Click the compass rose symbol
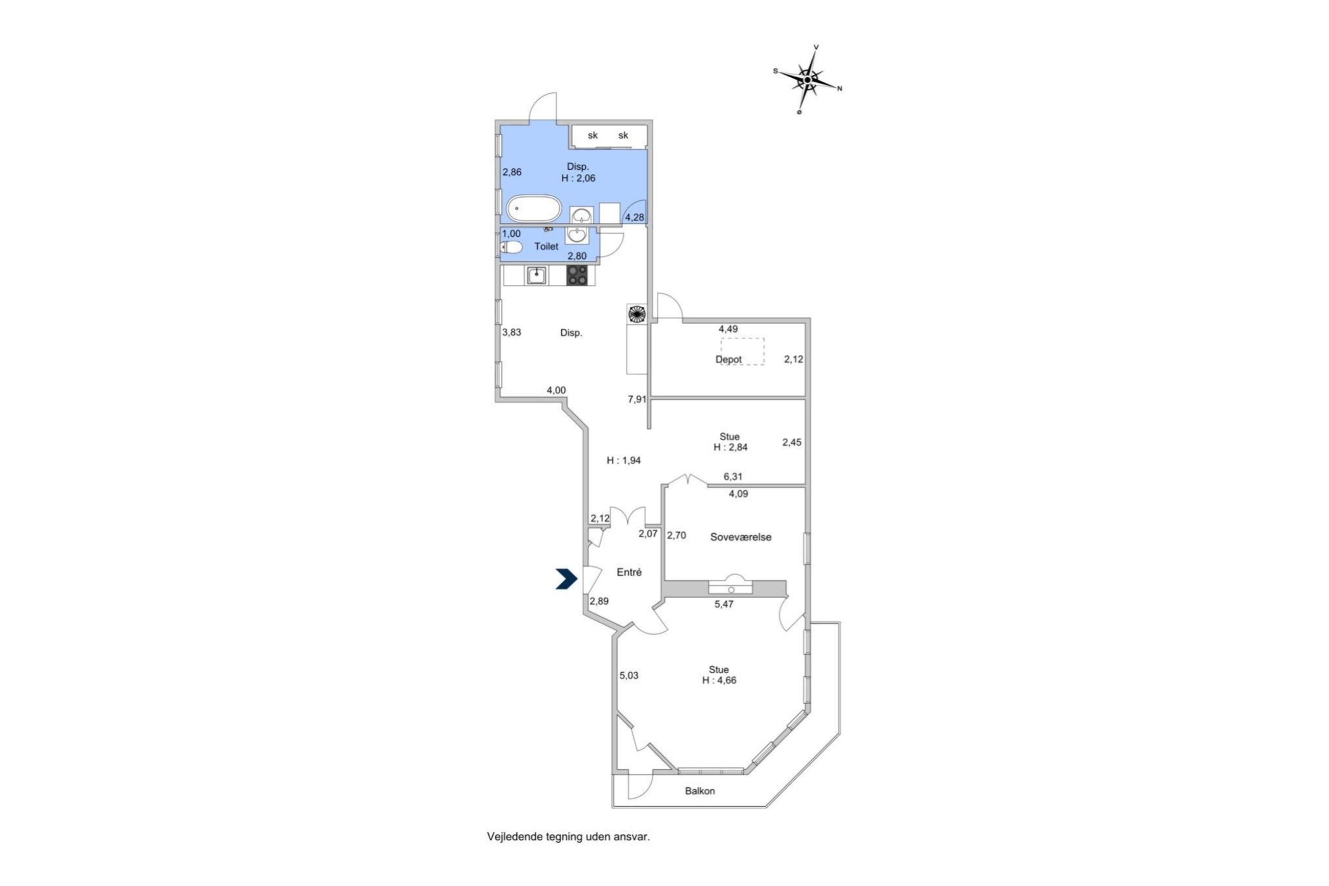coord(808,80)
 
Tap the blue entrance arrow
coord(566,579)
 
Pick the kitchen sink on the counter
coord(537,275)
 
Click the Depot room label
coord(728,359)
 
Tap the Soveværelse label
coord(741,537)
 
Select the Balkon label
coord(700,791)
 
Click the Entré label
coord(629,573)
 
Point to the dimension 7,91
coord(637,399)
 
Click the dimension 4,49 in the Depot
coord(728,329)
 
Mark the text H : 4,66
coord(719,680)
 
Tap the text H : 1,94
coord(624,461)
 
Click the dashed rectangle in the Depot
coord(742,350)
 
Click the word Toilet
coord(546,246)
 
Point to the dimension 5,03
coord(629,675)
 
